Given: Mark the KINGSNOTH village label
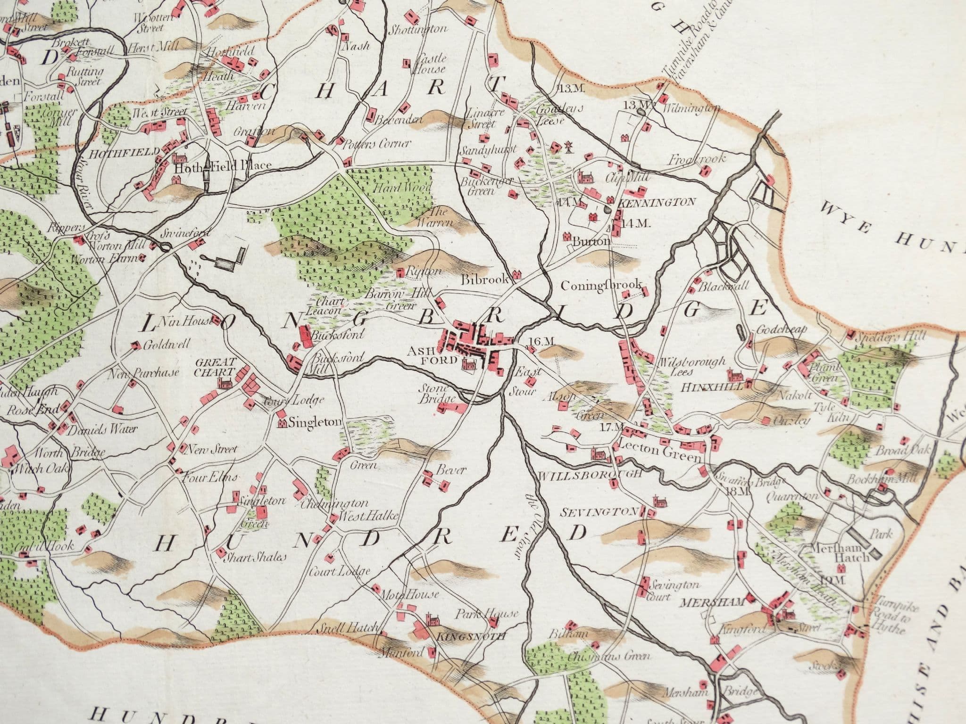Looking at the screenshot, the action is tap(471, 637).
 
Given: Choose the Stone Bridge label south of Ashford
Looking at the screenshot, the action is tap(439, 394).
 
